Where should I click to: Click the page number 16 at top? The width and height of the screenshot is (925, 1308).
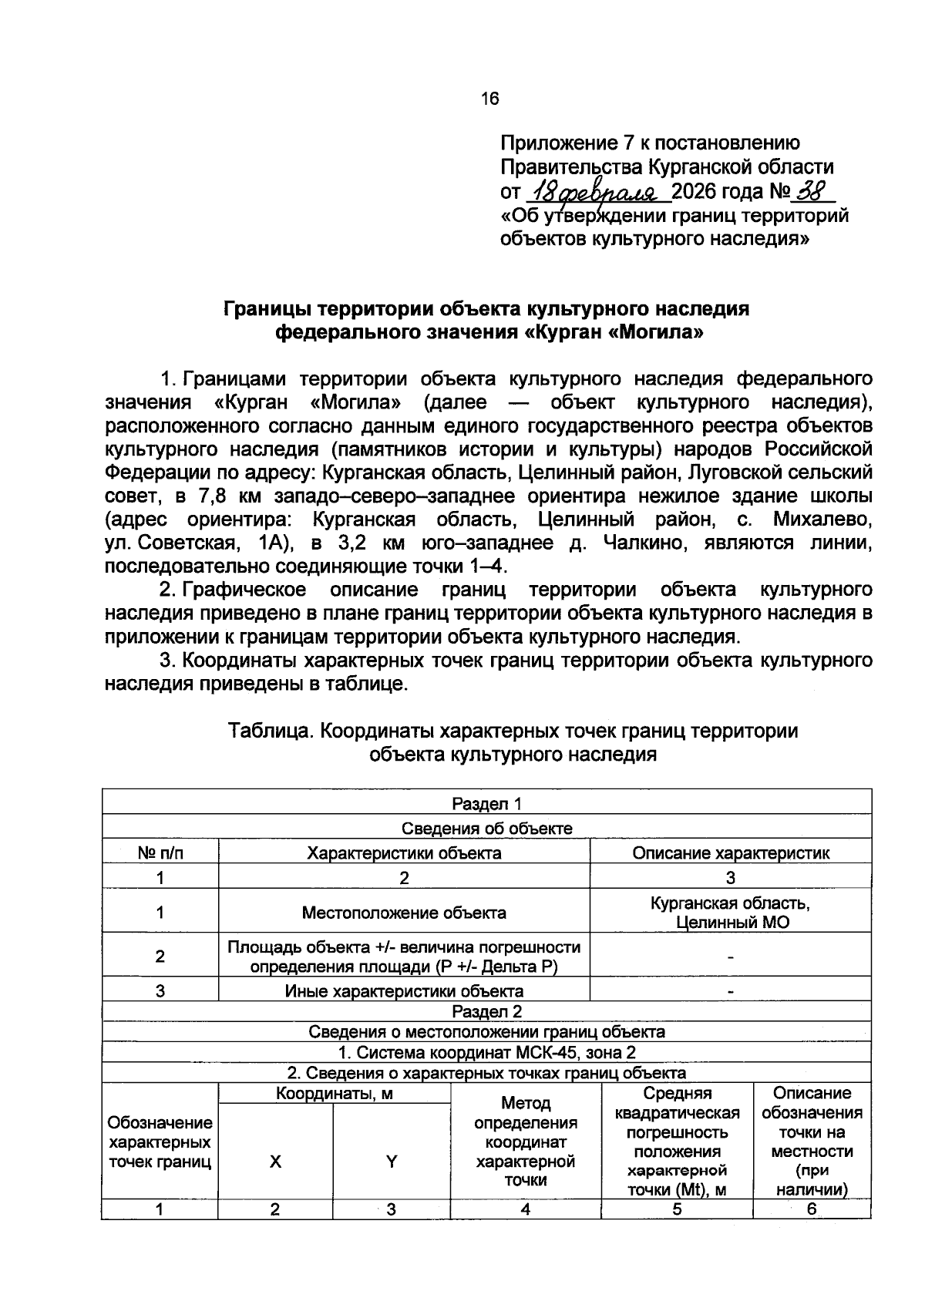(x=489, y=99)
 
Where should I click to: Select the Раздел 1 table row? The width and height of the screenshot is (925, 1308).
(x=486, y=804)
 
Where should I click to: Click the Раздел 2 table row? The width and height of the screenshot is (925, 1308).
(x=486, y=1011)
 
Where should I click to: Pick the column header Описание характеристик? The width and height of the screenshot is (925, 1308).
(x=730, y=852)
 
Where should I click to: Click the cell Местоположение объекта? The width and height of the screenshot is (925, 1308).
(x=404, y=913)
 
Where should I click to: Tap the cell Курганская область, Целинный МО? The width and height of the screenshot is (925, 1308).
(x=730, y=913)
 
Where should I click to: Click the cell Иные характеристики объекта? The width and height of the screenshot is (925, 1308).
(x=404, y=991)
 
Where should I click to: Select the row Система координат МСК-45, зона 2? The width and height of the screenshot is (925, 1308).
(x=486, y=1053)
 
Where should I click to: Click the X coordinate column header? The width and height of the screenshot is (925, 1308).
(x=275, y=1162)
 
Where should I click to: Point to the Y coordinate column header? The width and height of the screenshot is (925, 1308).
(x=391, y=1162)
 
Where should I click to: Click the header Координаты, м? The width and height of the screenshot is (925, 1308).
(x=335, y=1094)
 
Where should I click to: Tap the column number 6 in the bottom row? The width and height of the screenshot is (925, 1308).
(x=811, y=1209)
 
